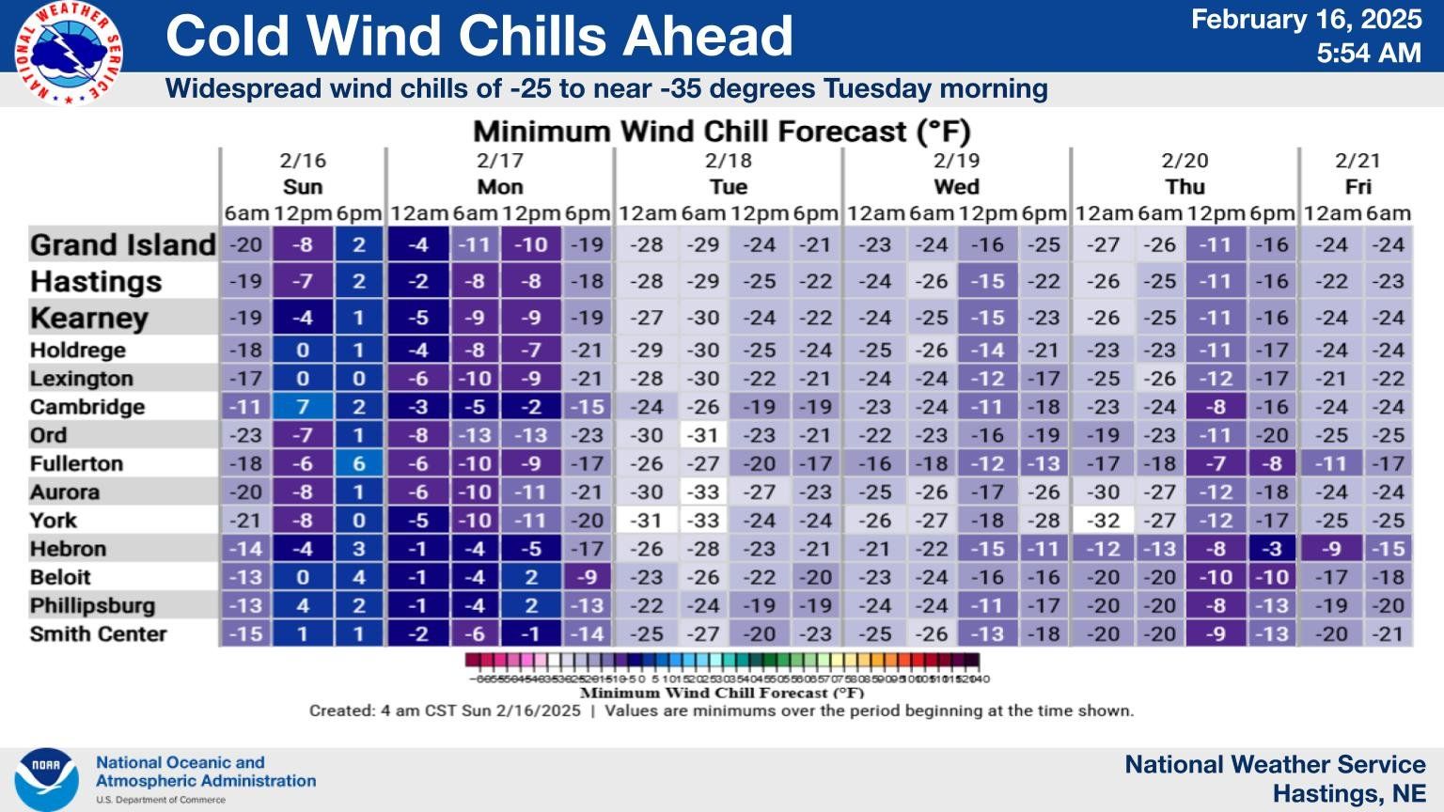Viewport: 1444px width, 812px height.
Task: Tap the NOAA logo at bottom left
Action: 46,779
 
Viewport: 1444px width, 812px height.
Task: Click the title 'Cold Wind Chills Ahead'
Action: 479,36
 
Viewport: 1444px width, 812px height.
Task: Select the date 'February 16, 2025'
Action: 1306,20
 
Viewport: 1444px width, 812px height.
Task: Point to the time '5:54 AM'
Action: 1368,54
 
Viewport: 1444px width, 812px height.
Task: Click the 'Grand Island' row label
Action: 123,245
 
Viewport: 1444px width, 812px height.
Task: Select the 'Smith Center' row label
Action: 98,634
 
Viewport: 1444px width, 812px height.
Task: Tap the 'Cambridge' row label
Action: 87,407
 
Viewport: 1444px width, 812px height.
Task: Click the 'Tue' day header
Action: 728,187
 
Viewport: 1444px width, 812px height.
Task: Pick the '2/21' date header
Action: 1358,161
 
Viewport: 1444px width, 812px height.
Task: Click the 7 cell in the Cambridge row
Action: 303,407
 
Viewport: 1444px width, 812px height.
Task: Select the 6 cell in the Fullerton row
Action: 358,463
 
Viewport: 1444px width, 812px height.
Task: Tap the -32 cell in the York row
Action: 1104,521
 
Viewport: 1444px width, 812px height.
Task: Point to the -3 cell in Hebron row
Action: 1272,549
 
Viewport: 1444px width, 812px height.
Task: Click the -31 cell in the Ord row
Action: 703,435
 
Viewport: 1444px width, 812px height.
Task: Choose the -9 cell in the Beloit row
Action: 588,577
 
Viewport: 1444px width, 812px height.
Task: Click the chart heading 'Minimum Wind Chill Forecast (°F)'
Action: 721,132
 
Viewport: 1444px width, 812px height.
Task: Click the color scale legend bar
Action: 722,662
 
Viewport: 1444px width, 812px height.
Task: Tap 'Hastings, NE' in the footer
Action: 1348,793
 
